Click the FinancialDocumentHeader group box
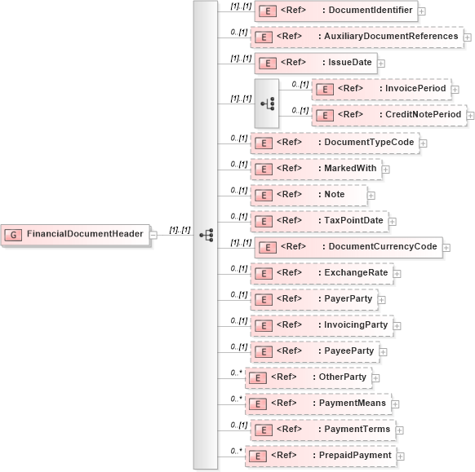point(74,234)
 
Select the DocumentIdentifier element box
point(336,11)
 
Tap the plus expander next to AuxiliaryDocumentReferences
point(467,37)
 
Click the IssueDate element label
point(346,63)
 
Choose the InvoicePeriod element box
point(381,89)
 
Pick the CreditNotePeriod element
point(389,115)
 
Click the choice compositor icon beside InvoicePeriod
point(267,104)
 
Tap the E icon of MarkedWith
point(262,170)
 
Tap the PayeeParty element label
point(345,351)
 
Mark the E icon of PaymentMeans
point(257,404)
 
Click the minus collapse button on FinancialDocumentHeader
point(153,235)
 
